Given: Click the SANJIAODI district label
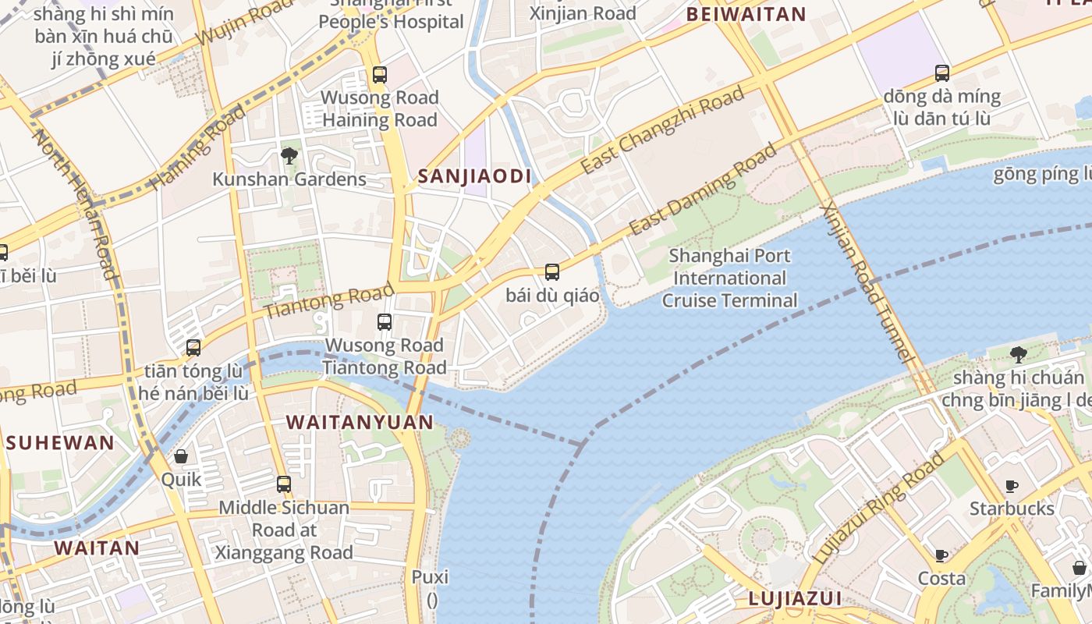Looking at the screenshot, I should click(474, 176).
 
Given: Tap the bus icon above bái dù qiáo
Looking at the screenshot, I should click(552, 272).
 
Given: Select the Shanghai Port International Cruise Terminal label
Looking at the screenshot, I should click(730, 278).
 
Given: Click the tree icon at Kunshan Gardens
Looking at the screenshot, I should click(289, 156).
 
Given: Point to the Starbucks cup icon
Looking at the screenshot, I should click(1012, 486).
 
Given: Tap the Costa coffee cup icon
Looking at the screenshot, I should click(941, 555).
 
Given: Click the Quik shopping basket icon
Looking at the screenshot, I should click(181, 456).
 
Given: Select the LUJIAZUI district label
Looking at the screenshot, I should click(795, 599).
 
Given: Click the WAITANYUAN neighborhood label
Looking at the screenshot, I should click(360, 423).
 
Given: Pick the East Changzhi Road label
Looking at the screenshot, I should click(662, 131).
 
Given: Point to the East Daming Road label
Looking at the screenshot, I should click(704, 189).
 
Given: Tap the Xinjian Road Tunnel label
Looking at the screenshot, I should click(867, 282).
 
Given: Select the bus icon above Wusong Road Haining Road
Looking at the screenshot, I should click(380, 75).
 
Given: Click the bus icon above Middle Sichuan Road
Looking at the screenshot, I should click(284, 484).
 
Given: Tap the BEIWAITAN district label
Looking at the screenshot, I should click(746, 14).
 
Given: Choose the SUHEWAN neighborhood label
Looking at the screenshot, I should click(60, 443).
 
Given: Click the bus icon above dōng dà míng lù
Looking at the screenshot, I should click(942, 73).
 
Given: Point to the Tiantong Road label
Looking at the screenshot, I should click(329, 302).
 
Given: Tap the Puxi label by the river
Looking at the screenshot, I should click(431, 578).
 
